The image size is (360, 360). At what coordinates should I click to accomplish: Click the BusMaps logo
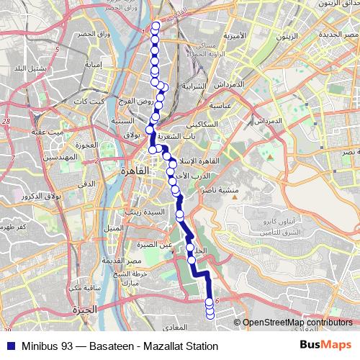tap(325, 346)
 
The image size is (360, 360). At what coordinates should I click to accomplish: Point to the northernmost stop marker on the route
tap(156, 27)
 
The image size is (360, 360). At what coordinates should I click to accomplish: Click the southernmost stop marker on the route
tap(210, 314)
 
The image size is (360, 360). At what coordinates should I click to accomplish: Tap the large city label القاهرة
tap(134, 171)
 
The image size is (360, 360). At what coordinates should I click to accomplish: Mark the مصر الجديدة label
tap(339, 35)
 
